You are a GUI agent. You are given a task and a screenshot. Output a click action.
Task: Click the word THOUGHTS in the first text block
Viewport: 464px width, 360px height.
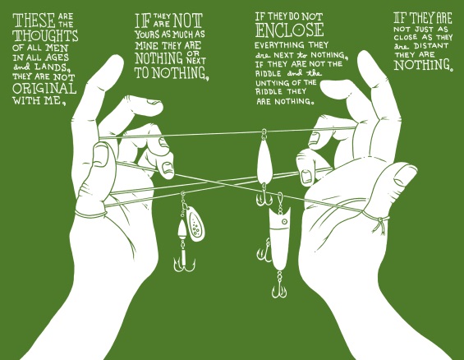click(x=45, y=36)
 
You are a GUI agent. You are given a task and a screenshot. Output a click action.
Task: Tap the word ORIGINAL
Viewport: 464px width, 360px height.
click(x=44, y=89)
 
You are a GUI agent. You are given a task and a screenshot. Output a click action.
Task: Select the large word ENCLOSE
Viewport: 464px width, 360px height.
click(x=290, y=30)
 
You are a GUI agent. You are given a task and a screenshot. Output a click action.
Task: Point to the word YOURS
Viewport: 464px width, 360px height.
click(x=147, y=35)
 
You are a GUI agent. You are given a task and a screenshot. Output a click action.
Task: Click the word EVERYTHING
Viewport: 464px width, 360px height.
click(x=279, y=45)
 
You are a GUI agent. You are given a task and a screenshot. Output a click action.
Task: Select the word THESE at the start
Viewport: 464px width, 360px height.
click(x=34, y=21)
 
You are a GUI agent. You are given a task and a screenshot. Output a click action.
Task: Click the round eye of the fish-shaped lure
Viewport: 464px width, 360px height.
click(x=285, y=221)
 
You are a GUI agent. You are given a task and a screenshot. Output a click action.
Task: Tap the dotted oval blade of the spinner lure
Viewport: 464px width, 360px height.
click(x=196, y=223)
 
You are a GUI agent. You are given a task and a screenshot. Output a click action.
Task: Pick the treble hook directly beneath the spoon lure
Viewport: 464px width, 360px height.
click(x=264, y=198)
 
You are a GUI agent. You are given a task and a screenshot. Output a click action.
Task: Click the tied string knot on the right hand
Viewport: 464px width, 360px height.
click(x=380, y=221)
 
